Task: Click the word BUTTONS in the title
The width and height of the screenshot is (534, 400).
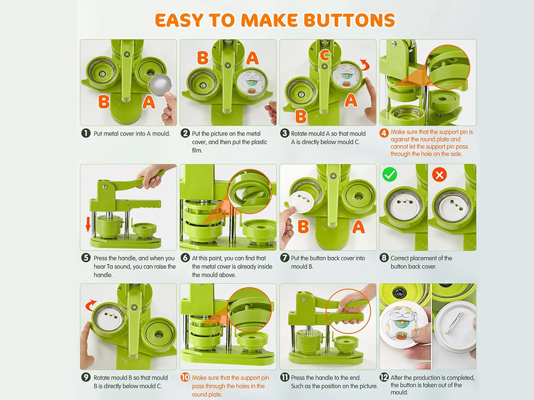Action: [349, 20]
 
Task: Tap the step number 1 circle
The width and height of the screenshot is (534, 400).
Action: [86, 133]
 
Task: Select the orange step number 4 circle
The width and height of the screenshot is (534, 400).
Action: [384, 133]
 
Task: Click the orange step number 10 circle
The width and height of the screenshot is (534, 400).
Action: [185, 377]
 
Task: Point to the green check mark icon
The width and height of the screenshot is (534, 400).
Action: [390, 174]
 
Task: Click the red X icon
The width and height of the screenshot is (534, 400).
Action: [439, 174]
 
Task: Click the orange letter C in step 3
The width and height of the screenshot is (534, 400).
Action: [325, 55]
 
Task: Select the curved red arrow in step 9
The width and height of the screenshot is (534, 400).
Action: [90, 305]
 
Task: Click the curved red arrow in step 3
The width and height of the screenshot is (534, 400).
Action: [365, 65]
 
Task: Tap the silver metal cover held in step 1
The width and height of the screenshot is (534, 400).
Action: [160, 85]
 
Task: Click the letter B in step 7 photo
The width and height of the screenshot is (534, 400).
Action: [303, 227]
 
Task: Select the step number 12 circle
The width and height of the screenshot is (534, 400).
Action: [384, 377]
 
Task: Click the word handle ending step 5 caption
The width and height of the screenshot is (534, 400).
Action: [103, 275]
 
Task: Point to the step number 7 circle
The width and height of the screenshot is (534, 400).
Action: [284, 257]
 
